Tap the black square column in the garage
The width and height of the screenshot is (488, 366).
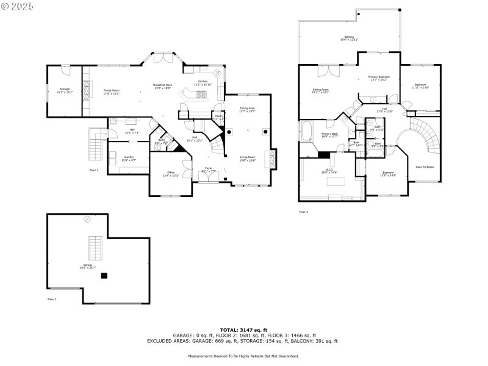click(x=104, y=275)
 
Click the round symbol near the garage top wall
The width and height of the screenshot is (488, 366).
click(x=88, y=218)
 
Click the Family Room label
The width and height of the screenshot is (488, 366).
click(x=111, y=91)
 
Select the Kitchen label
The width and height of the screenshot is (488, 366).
click(x=202, y=82)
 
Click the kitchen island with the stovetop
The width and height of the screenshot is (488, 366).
click(x=198, y=95)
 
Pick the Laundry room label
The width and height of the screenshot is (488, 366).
click(x=129, y=157)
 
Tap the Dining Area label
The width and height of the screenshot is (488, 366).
click(x=247, y=110)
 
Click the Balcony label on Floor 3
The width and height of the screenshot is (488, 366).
click(x=349, y=38)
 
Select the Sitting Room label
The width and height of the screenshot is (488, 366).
click(x=321, y=91)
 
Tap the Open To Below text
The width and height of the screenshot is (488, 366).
click(x=425, y=167)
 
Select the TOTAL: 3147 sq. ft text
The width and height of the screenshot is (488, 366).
click(x=243, y=329)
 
